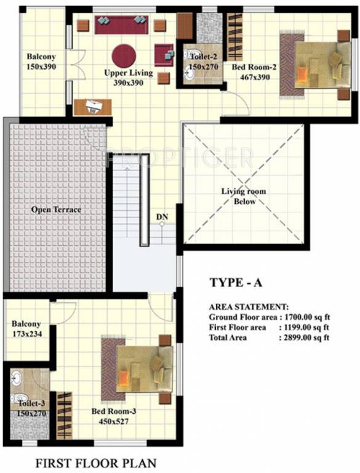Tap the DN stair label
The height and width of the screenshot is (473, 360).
tap(162, 217)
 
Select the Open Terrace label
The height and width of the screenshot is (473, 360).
tap(56, 210)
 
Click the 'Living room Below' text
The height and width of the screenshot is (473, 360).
tap(244, 196)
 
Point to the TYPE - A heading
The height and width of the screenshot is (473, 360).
tap(236, 283)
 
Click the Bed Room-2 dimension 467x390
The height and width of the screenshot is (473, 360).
tap(253, 78)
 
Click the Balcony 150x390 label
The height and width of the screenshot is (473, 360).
tap(41, 62)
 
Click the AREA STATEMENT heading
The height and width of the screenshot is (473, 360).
tap(249, 306)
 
